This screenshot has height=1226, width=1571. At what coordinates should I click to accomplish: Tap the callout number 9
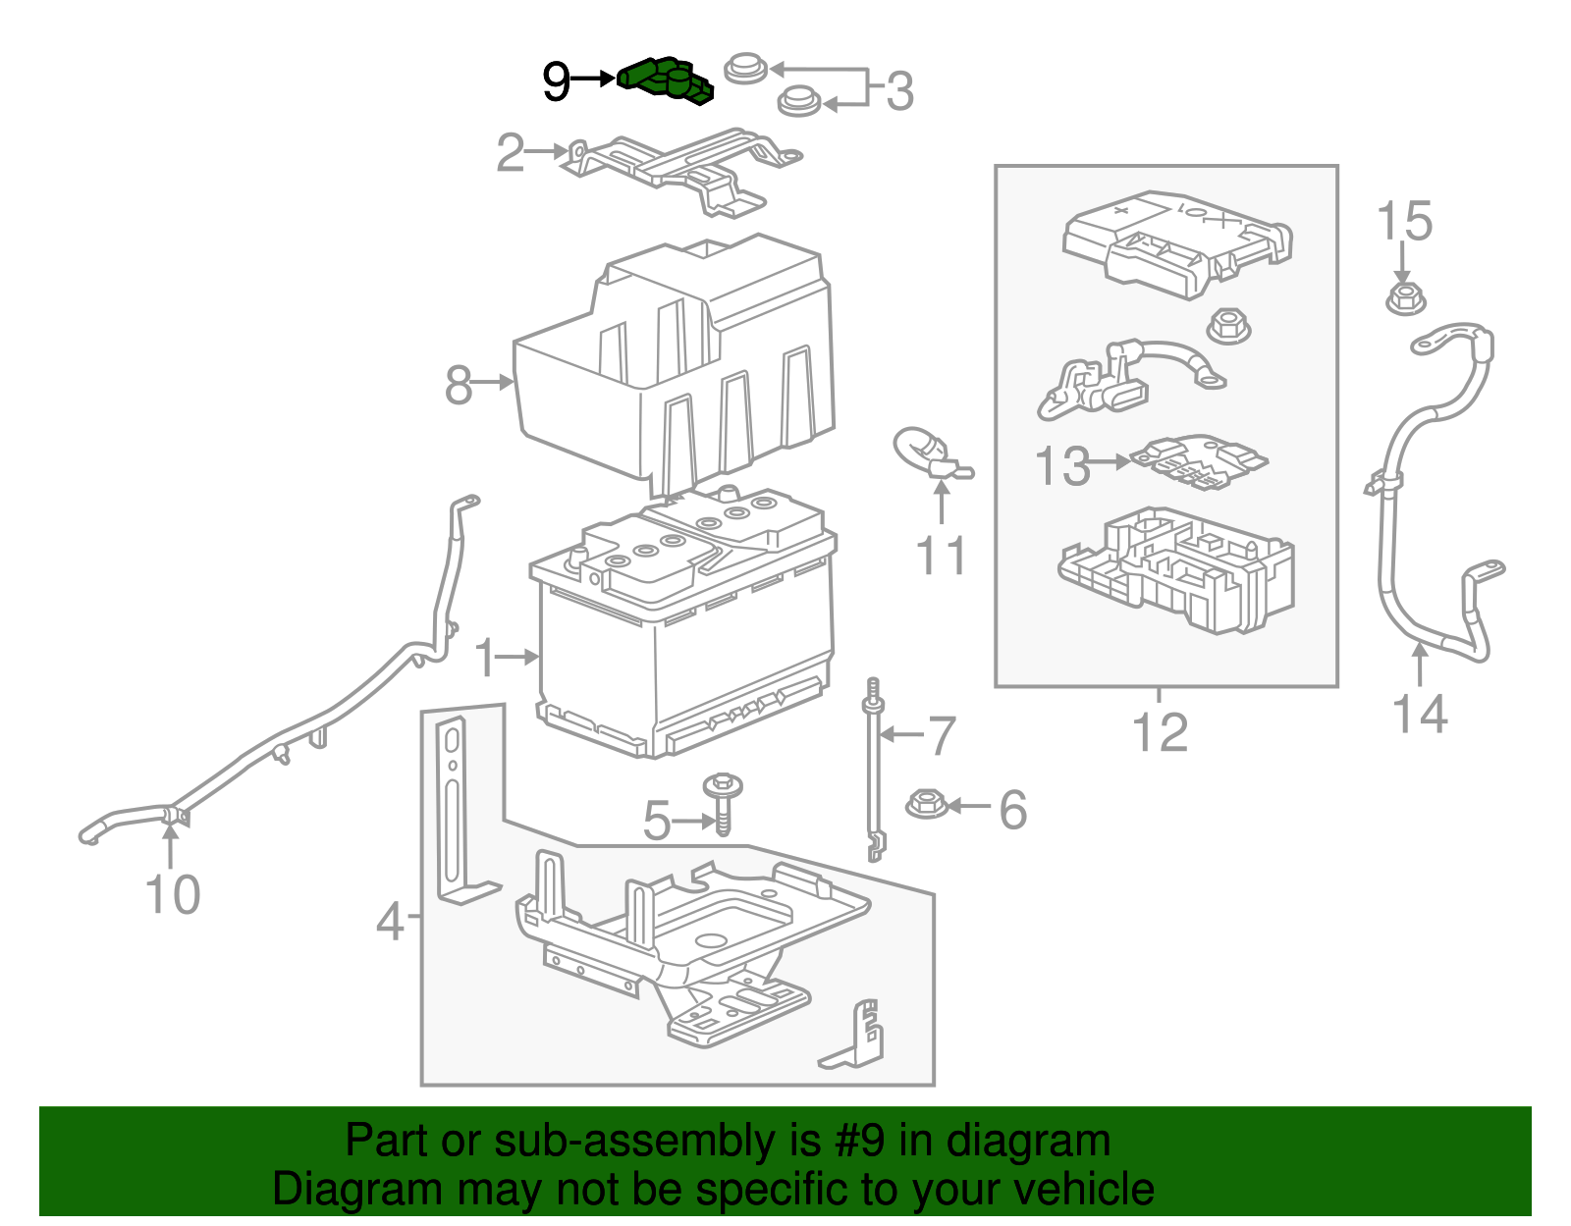pos(556,81)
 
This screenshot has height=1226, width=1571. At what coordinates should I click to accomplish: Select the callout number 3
pos(899,91)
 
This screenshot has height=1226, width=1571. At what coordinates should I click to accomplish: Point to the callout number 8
pos(459,385)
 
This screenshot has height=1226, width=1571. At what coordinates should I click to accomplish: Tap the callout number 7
pos(942,736)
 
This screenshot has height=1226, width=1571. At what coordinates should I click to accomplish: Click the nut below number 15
pos(1405,297)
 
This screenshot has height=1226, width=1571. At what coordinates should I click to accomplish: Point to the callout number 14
pos(1420,715)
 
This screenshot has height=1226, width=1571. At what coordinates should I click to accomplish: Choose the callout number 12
pos(1160,732)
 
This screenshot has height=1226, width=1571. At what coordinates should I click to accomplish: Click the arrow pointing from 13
pos(1111,460)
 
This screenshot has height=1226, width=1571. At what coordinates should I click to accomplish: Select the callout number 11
pos(941,556)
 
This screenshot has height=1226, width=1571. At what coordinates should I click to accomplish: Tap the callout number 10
pos(173,894)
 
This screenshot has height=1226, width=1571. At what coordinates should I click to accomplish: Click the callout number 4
pos(390,923)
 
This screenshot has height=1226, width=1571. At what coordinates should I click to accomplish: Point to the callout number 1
pos(485,658)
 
